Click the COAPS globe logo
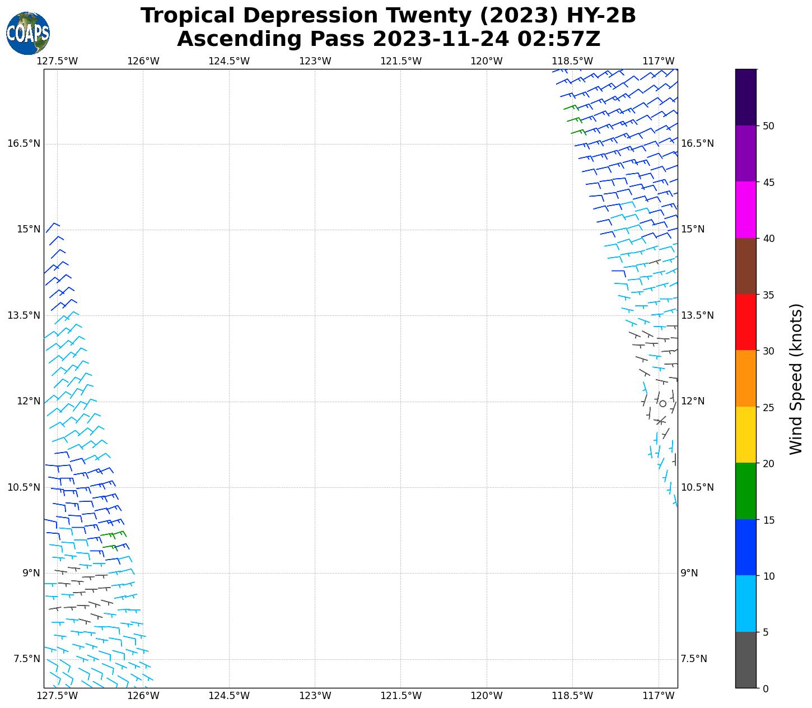click(x=28, y=34)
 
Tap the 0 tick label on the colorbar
click(x=765, y=689)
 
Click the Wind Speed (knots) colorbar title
click(x=795, y=379)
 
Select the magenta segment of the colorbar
click(x=746, y=210)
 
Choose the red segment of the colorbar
click(x=746, y=323)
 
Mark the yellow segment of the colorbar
click(x=746, y=435)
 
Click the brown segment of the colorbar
click(x=746, y=267)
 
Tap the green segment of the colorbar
click(x=746, y=491)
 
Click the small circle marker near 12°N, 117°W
click(x=663, y=403)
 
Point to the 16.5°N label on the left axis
click(x=24, y=144)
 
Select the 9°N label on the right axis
click(x=689, y=573)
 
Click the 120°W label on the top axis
click(x=487, y=61)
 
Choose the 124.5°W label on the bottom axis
click(x=229, y=696)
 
